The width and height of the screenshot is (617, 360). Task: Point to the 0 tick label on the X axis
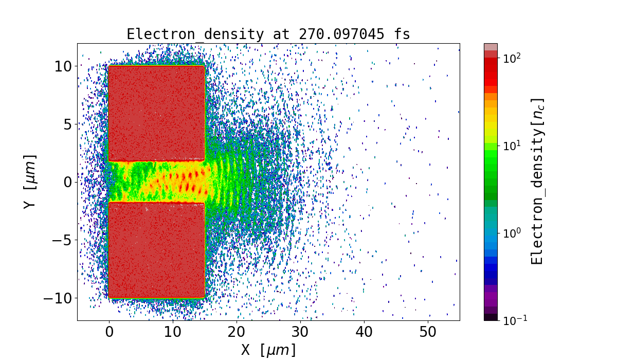109,332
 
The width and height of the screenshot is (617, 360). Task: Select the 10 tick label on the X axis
173,332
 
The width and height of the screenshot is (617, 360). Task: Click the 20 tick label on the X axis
237,332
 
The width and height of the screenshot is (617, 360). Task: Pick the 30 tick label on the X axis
300,332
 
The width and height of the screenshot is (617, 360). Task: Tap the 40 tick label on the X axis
364,332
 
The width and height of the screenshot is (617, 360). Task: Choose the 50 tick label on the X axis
428,332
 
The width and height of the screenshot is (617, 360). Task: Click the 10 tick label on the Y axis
63,66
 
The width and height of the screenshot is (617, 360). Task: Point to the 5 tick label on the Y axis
67,124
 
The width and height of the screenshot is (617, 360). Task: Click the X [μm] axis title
268,350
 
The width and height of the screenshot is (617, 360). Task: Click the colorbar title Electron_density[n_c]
537,182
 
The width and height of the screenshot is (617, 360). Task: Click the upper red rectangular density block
157,113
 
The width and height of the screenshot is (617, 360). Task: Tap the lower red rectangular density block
157,250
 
